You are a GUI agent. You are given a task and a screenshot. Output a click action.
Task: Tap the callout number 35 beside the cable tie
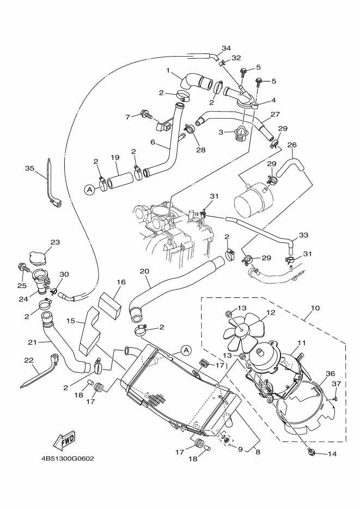pyautogui.click(x=29, y=168)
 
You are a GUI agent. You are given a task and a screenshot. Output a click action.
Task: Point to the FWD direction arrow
pyautogui.click(x=64, y=439)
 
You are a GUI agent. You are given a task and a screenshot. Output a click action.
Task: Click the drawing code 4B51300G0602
pyautogui.click(x=67, y=458)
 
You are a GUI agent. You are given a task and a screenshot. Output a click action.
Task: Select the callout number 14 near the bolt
pyautogui.click(x=332, y=453)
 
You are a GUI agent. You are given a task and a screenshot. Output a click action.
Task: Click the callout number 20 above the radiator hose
pyautogui.click(x=144, y=271)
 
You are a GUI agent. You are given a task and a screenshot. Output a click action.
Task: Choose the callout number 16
pyautogui.click(x=121, y=282)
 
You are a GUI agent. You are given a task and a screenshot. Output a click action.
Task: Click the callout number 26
pyautogui.click(x=292, y=145)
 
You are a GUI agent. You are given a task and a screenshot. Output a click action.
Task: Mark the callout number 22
pyautogui.click(x=29, y=360)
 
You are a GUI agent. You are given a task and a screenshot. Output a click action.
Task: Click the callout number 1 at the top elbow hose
pyautogui.click(x=169, y=70)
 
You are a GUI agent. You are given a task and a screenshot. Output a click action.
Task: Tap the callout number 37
pyautogui.click(x=336, y=384)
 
